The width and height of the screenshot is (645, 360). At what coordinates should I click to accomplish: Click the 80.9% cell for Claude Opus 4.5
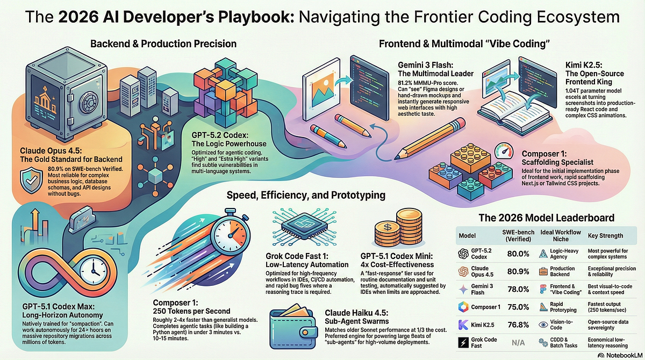(518, 271)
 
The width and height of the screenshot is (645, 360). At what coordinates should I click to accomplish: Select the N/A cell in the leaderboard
(518, 342)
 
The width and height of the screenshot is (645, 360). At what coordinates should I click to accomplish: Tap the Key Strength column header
(605, 236)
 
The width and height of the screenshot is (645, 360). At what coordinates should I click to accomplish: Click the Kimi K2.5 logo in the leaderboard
(463, 325)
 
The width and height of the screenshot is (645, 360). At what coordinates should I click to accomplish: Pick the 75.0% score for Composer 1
(518, 307)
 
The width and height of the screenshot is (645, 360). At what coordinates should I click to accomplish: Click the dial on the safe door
(90, 103)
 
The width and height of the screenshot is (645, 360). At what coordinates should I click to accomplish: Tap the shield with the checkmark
(31, 180)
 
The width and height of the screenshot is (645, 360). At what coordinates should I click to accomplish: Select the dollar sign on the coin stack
(388, 227)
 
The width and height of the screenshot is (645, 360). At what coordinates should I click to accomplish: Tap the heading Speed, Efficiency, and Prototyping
(306, 195)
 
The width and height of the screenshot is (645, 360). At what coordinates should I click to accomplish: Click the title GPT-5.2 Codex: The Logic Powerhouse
(229, 139)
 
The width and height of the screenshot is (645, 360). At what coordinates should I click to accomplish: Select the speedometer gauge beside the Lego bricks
(504, 150)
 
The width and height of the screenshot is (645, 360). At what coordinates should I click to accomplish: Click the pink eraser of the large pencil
(460, 123)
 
